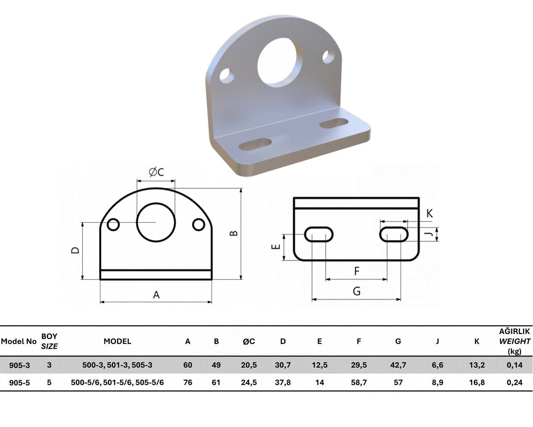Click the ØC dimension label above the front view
click(x=156, y=172)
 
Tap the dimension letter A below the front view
click(x=156, y=295)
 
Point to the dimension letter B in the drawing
click(x=234, y=233)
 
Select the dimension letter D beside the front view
click(x=75, y=250)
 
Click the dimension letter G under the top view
click(x=357, y=291)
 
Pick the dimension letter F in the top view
click(x=357, y=271)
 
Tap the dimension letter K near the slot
click(x=429, y=213)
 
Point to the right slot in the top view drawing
click(x=394, y=227)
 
